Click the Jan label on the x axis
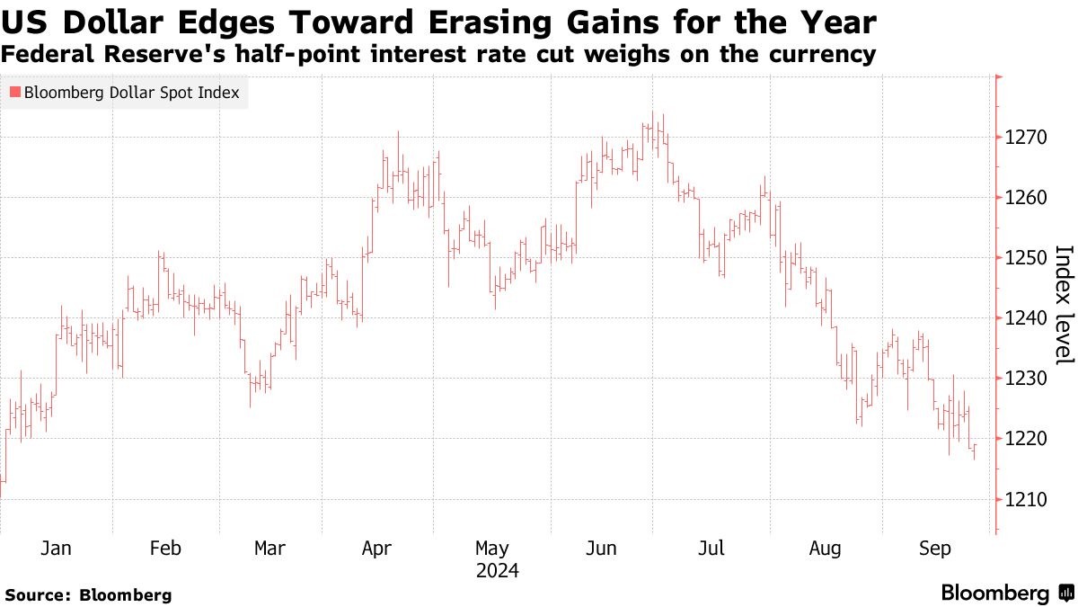point(57,549)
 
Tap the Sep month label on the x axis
point(935,549)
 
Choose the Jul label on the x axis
point(712,549)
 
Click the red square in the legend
point(14,93)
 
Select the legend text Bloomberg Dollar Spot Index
point(131,93)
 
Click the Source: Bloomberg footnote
point(88,594)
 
